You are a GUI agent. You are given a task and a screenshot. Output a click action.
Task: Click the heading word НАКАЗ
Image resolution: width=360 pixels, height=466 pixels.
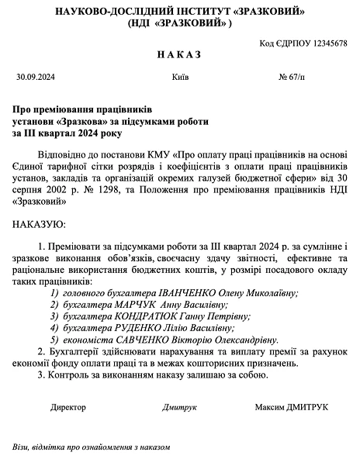point(179,57)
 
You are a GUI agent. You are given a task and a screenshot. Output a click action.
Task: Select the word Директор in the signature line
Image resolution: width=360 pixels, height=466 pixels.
point(69,406)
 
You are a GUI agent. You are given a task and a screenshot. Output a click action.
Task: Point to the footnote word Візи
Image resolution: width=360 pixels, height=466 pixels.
point(20,447)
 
